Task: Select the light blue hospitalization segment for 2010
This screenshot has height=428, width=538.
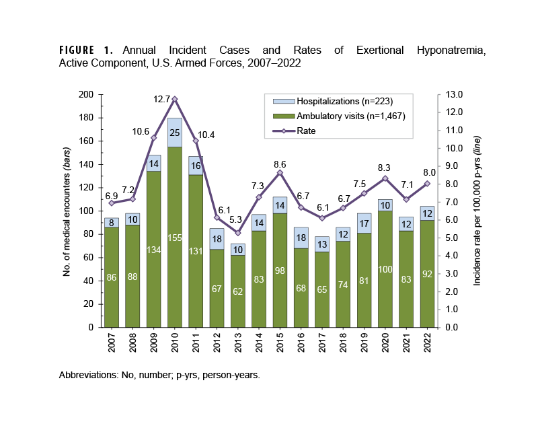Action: (x=175, y=133)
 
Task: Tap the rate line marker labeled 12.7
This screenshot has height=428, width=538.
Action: (x=175, y=99)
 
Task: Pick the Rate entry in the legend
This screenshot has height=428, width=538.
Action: (x=305, y=131)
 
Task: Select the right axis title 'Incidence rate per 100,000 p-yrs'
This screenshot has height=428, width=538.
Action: (x=477, y=211)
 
